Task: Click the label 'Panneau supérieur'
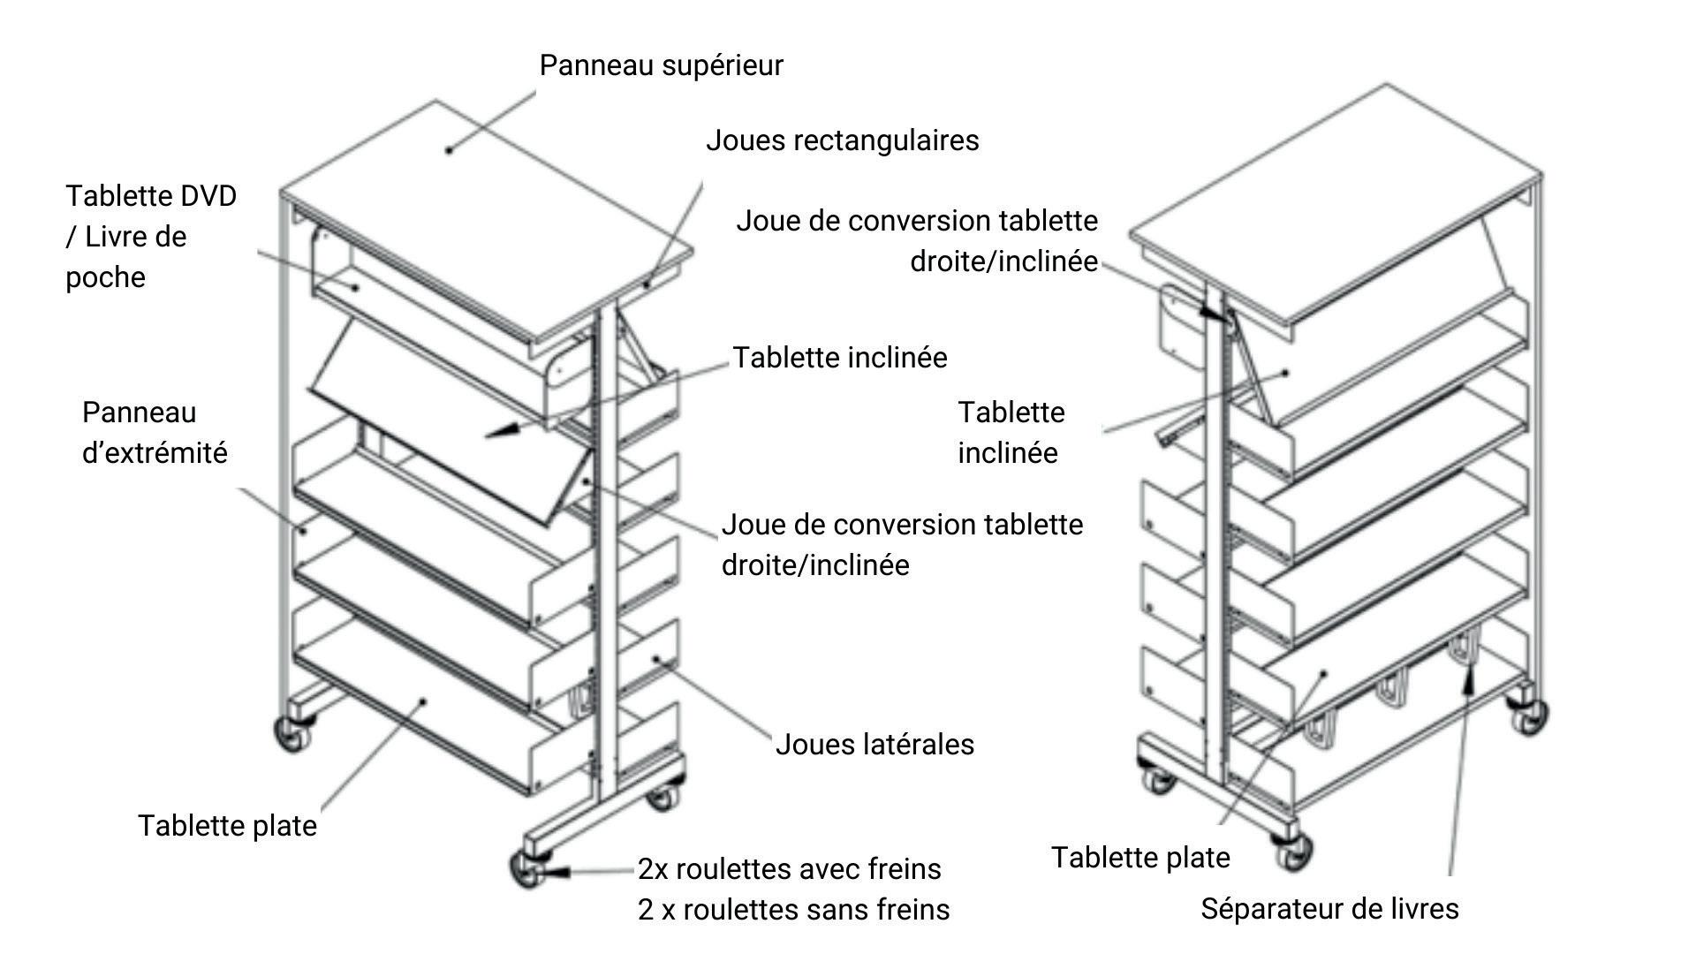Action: [661, 66]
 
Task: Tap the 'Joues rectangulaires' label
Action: [842, 141]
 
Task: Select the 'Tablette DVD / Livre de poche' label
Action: [151, 237]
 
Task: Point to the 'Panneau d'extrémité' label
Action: [155, 433]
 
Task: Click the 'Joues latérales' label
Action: [874, 745]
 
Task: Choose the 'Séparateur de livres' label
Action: [1329, 909]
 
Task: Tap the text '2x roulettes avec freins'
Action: [790, 869]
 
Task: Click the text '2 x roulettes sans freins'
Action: [793, 910]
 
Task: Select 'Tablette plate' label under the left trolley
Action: [227, 827]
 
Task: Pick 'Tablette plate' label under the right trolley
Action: [1140, 858]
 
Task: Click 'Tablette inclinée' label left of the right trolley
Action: [1011, 433]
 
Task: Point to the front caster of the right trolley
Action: [1293, 850]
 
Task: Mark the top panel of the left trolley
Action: [486, 221]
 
